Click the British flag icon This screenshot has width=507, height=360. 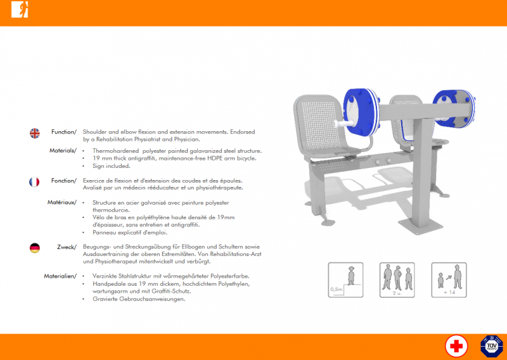[35, 133]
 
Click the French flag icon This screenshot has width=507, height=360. [34, 182]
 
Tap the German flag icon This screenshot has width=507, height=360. [35, 248]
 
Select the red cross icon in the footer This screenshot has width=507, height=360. [456, 346]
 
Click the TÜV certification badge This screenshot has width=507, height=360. [492, 346]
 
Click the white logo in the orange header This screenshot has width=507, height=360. [20, 10]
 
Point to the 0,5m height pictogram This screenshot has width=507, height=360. [345, 280]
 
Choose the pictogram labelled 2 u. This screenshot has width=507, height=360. [397, 280]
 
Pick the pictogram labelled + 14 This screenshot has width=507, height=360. [449, 280]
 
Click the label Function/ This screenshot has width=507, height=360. [64, 132]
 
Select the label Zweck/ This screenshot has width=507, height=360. [67, 247]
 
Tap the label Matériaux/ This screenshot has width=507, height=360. [62, 202]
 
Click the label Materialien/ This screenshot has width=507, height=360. [60, 276]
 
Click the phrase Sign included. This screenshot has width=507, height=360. [112, 166]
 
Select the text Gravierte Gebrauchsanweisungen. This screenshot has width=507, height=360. [139, 299]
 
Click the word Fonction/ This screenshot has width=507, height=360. [64, 181]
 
